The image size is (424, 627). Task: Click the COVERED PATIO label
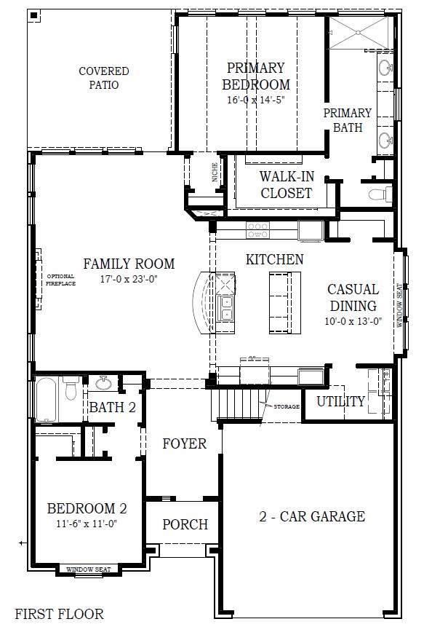(x=104, y=78)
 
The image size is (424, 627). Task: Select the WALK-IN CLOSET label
(x=286, y=185)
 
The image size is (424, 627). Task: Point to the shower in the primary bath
(x=359, y=33)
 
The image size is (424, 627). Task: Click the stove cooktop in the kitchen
(x=257, y=230)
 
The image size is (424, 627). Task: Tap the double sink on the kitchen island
(x=225, y=308)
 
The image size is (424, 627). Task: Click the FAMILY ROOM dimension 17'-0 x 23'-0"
(x=129, y=279)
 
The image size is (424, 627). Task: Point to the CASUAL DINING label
(x=353, y=298)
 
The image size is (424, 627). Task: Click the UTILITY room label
(x=340, y=401)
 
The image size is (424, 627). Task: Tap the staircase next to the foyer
(x=237, y=404)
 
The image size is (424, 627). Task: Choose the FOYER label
(x=184, y=443)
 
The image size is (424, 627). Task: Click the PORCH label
(x=185, y=524)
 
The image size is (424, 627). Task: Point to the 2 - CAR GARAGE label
(x=312, y=517)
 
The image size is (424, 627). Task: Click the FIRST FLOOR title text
(x=59, y=614)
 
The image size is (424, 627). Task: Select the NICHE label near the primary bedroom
(x=215, y=172)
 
